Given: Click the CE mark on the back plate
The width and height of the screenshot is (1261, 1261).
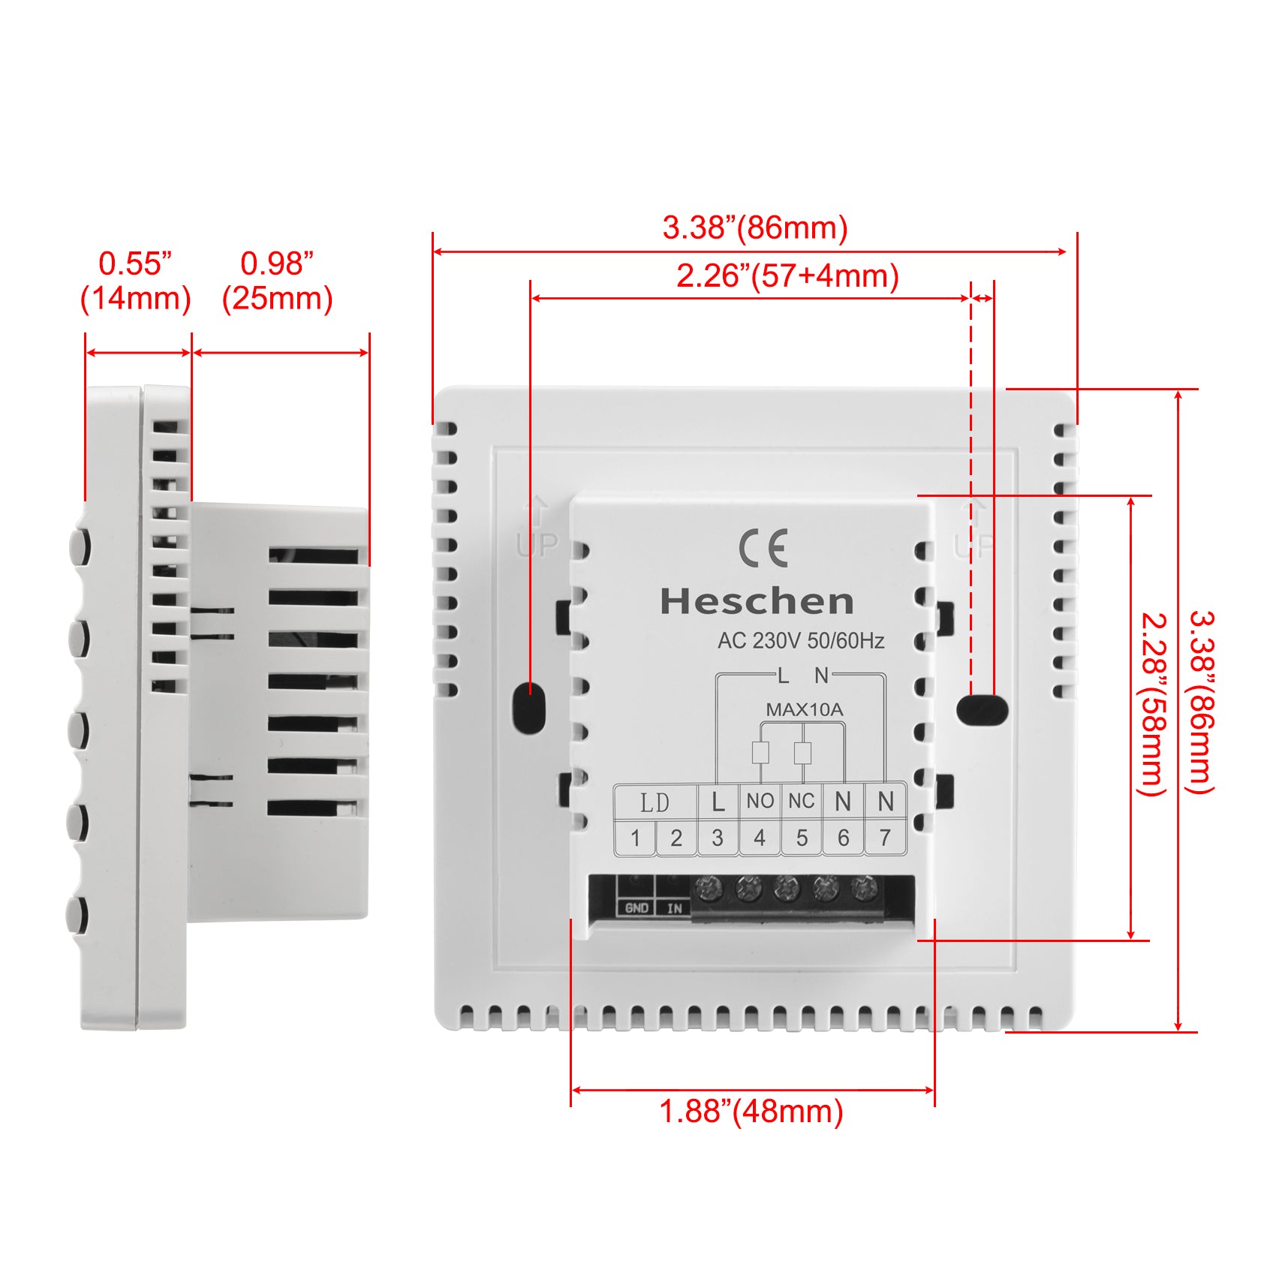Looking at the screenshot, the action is tap(763, 548).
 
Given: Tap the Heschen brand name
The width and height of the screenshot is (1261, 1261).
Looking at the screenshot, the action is tap(757, 602).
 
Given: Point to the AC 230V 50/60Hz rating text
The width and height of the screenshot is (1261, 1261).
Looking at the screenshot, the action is tap(801, 641).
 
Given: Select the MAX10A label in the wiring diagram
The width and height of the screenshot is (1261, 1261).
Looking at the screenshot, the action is tap(805, 709).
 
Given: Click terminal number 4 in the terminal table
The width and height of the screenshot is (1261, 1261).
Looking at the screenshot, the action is tap(760, 838).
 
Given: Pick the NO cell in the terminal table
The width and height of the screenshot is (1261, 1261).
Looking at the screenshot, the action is tap(760, 801).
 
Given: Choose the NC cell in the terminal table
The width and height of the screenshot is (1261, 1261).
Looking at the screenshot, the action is tap(802, 801).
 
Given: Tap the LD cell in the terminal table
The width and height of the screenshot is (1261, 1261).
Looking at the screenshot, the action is tap(655, 802).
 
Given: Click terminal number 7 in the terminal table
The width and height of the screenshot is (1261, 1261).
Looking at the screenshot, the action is tap(886, 838).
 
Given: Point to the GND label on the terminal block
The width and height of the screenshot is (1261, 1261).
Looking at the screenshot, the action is tap(637, 908).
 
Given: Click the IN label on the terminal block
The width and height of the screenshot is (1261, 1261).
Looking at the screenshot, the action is tap(675, 908).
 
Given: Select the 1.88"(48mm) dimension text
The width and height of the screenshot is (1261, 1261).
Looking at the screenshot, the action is tap(751, 1112).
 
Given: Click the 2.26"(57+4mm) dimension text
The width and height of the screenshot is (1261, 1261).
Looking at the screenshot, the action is tap(787, 276).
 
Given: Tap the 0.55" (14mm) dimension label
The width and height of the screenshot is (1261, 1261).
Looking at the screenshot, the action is tap(135, 281).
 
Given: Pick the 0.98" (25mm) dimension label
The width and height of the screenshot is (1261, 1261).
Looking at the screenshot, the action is tap(277, 281).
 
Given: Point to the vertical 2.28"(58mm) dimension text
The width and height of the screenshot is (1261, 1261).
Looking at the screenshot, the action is tap(1154, 705).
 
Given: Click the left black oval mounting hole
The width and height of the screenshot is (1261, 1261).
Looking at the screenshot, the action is tap(528, 707).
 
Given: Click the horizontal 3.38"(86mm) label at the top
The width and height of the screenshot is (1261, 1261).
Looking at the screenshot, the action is tap(755, 227).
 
